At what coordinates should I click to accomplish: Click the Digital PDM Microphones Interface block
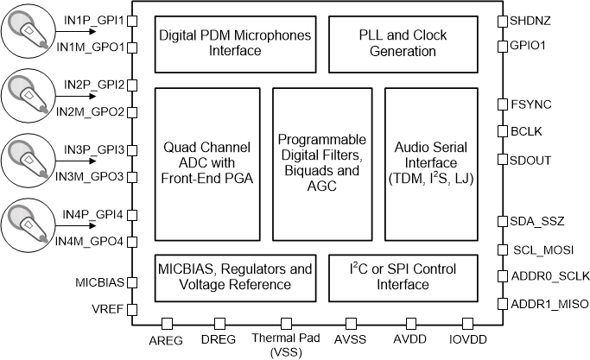click(x=221, y=43)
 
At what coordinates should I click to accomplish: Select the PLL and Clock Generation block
click(x=397, y=43)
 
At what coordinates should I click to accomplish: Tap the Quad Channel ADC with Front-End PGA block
click(x=206, y=164)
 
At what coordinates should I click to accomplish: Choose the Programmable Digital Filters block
click(x=321, y=164)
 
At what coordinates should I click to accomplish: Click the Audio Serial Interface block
click(x=430, y=164)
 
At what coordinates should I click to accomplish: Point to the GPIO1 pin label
click(x=529, y=46)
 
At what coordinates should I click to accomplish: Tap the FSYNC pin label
click(x=530, y=104)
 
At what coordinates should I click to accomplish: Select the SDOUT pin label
click(x=530, y=160)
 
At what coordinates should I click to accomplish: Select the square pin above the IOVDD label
click(x=467, y=323)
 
